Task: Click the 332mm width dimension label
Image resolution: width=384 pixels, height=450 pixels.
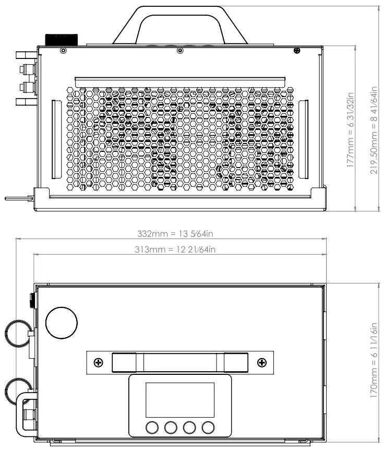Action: pos(175,233)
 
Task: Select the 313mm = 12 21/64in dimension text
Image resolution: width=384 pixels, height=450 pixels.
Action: pos(175,250)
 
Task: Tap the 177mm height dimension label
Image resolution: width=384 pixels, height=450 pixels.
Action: pos(351,129)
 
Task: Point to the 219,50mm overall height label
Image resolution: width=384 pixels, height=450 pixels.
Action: pos(374,130)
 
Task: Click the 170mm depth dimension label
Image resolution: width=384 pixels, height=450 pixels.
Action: pos(374,360)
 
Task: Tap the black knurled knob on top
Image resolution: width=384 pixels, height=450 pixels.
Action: pos(62,40)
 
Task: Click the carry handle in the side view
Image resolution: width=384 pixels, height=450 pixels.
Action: pos(180,25)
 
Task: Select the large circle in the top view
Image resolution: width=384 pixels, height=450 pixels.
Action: pos(62,323)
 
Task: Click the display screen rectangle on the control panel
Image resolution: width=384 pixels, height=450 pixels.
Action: pos(180,400)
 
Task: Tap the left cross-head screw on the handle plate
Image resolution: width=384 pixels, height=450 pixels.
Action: pos(99,363)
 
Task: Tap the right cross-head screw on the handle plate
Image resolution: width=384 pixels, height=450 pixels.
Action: pos(261,363)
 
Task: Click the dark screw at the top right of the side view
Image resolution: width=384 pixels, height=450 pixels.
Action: pos(297,51)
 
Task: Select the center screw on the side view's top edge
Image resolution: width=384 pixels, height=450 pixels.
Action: pos(180,51)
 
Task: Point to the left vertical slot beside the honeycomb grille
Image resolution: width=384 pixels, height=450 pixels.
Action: pos(56,139)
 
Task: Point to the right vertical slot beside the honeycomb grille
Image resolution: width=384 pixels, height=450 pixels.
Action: pos(304,139)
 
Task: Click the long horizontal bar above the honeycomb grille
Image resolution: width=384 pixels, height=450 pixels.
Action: pos(180,82)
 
